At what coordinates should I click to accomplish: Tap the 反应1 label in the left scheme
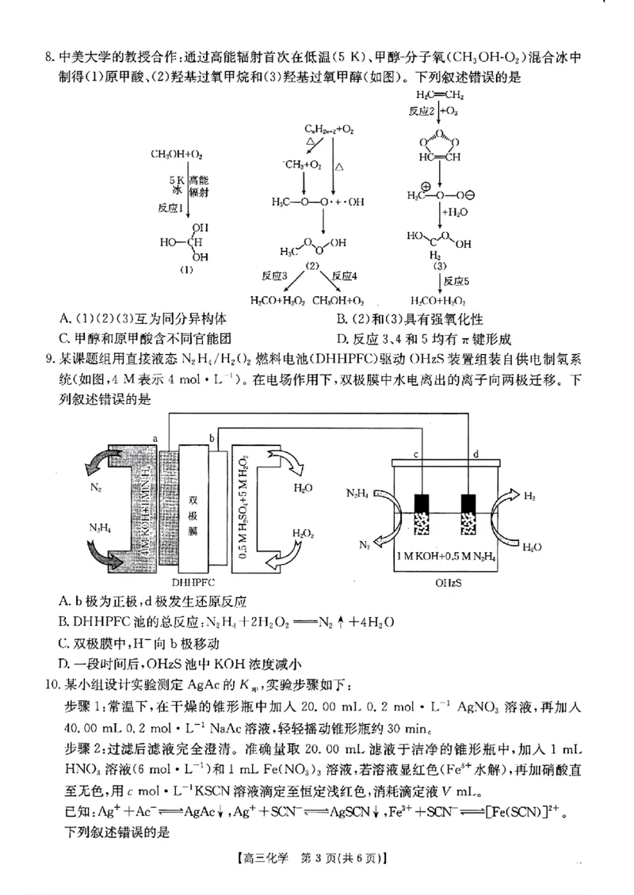pos(171,208)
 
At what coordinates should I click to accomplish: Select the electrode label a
pos(155,436)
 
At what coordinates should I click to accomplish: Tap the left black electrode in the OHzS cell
pos(422,505)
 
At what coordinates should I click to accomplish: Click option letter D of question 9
pos(64,663)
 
